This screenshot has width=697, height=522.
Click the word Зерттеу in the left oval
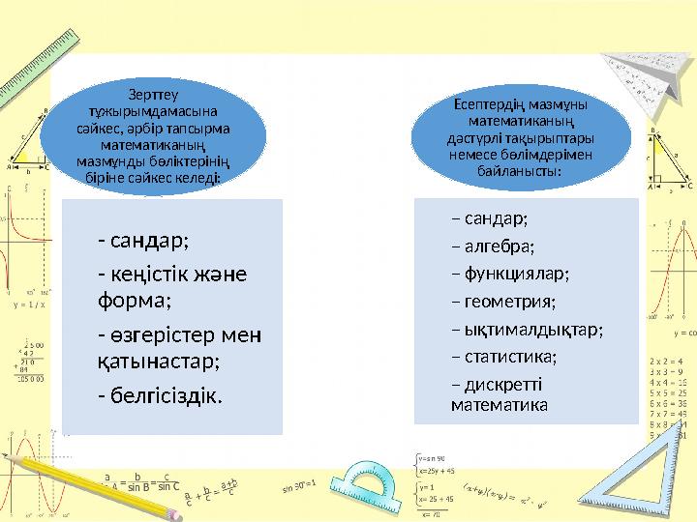pyautogui.click(x=152, y=94)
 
